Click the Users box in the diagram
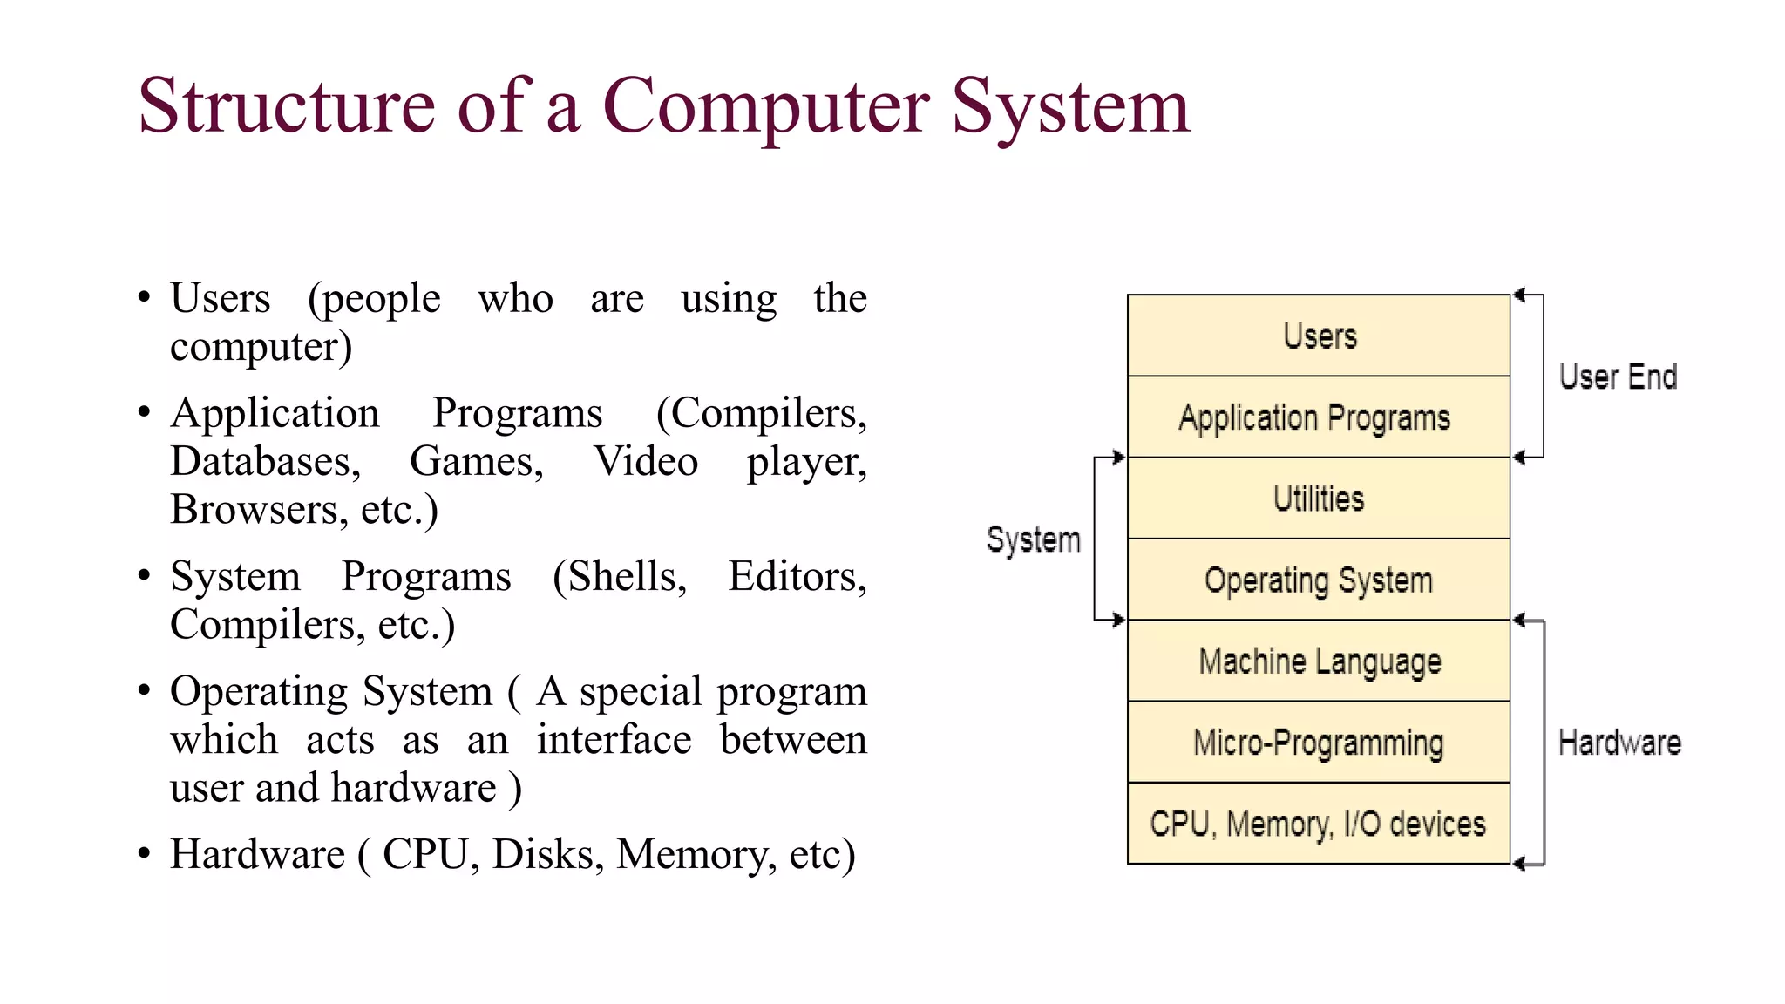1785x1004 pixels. pos(1318,336)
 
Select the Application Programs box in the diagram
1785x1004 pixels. pos(1318,417)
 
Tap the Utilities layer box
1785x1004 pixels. pos(1318,499)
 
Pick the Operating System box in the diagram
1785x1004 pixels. pos(1318,580)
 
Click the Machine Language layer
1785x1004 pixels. pos(1318,661)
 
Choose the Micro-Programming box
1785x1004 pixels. pos(1318,743)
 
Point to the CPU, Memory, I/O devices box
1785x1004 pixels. pos(1318,824)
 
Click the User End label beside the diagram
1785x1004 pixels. pos(1618,376)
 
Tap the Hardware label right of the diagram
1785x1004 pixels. pos(1619,743)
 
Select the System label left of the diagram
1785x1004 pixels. pos(1033,539)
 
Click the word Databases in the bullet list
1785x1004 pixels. pos(264,461)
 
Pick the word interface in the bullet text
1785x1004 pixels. pos(614,740)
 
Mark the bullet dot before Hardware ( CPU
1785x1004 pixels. pos(144,853)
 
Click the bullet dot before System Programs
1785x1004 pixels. pos(144,575)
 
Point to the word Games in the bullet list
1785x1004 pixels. pos(476,461)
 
